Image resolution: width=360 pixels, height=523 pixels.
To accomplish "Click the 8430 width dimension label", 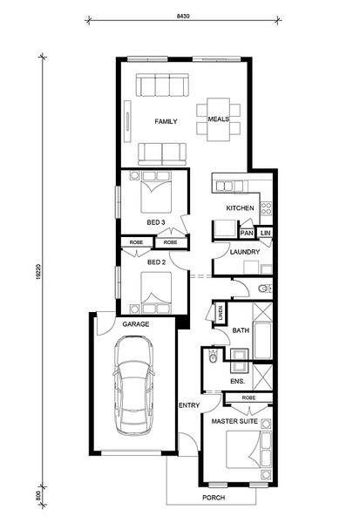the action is pyautogui.click(x=183, y=16).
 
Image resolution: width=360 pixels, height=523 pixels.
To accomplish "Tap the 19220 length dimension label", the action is pyautogui.click(x=38, y=271).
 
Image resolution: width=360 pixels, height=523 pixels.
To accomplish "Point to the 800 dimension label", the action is pyautogui.click(x=38, y=495).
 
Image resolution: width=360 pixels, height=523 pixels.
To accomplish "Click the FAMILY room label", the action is pyautogui.click(x=166, y=121).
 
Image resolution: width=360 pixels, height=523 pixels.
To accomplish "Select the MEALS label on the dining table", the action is pyautogui.click(x=219, y=119).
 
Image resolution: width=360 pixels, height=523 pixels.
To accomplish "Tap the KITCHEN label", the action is pyautogui.click(x=240, y=208).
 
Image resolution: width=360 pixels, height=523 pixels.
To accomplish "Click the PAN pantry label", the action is pyautogui.click(x=247, y=233).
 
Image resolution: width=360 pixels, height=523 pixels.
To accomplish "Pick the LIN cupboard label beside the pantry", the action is pyautogui.click(x=266, y=233).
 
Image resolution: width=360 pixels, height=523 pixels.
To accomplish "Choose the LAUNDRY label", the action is pyautogui.click(x=245, y=252).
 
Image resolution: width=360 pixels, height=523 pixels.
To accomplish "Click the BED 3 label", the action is pyautogui.click(x=156, y=222).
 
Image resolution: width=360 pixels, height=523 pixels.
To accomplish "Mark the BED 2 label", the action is pyautogui.click(x=157, y=262).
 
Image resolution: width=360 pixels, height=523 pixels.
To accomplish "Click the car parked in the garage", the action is pyautogui.click(x=133, y=385).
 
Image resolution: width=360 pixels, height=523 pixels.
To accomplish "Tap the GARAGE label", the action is pyautogui.click(x=136, y=324).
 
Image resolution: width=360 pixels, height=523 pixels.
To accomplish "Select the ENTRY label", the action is pyautogui.click(x=189, y=405).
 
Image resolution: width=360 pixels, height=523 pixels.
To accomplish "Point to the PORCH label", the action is pyautogui.click(x=214, y=498).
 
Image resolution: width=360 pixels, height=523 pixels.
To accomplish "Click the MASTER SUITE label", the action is pyautogui.click(x=234, y=421).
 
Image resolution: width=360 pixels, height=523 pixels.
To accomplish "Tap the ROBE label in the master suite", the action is pyautogui.click(x=249, y=398).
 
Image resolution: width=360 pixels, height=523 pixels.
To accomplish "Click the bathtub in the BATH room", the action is pyautogui.click(x=263, y=340).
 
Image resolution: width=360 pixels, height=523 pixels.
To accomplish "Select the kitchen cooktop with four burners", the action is pyautogui.click(x=266, y=208).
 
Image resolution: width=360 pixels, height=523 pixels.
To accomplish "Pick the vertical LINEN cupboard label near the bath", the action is pyautogui.click(x=221, y=313).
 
